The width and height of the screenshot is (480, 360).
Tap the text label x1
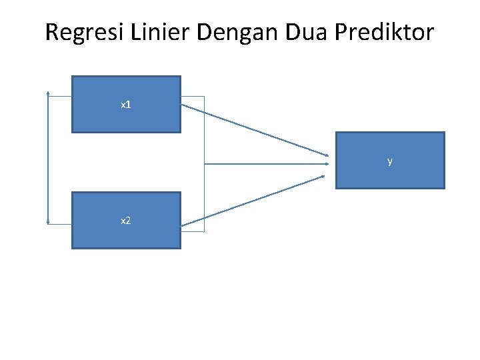coord(125,105)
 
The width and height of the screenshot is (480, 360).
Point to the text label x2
coord(125,220)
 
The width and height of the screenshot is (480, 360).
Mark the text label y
coord(390,161)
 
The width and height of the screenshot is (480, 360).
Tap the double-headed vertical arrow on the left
coord(49,160)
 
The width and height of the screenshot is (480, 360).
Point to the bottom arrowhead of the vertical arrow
coord(49,222)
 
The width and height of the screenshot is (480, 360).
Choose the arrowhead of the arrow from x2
coord(323,177)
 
